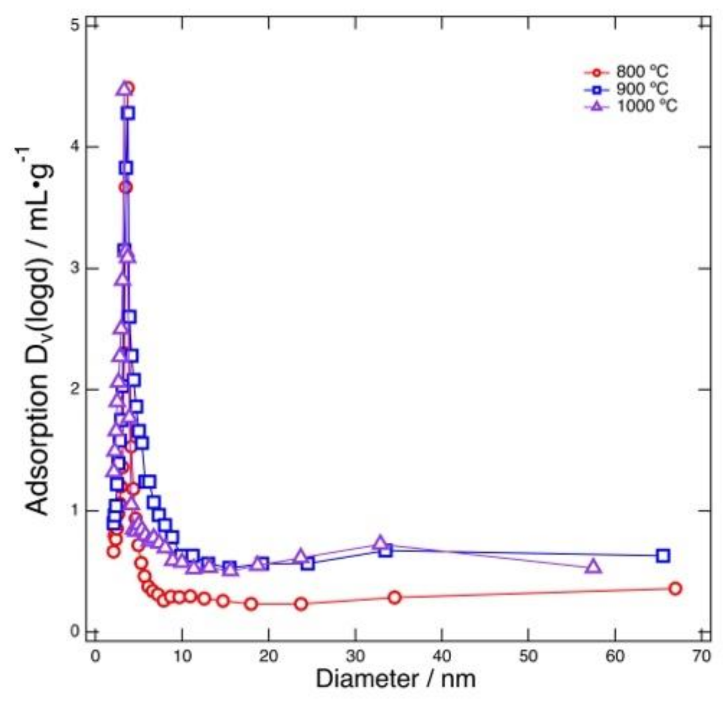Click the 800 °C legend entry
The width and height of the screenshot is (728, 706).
point(641,71)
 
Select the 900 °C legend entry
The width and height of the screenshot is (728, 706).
point(641,88)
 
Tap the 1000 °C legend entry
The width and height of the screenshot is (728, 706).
point(646,106)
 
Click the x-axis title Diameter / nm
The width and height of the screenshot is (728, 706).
point(395,679)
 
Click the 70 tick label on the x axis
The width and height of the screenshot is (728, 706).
point(701,656)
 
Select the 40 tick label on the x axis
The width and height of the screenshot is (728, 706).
point(442,656)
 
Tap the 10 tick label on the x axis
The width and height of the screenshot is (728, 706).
point(182,656)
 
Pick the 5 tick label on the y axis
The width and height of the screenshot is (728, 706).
point(75,25)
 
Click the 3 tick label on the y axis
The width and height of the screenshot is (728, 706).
point(75,268)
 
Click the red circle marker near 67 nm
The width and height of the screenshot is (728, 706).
point(675,589)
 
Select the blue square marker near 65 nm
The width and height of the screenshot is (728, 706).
point(663,556)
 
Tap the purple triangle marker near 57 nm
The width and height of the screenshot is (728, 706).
point(594,567)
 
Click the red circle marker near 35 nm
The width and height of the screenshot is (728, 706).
point(394,598)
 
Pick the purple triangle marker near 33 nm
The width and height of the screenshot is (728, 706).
point(379,543)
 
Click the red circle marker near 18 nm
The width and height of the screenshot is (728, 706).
point(251,604)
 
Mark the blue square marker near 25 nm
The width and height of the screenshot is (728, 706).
point(308,564)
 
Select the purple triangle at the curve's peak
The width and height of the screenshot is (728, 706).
point(123,88)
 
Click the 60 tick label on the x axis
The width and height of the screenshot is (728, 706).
point(615,656)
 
